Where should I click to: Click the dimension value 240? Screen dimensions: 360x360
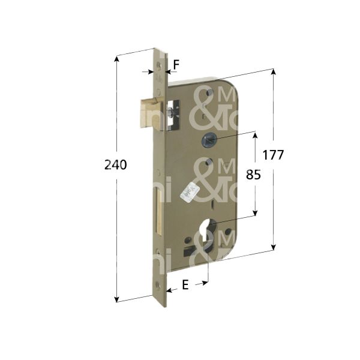116,166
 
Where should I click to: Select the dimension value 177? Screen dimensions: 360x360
273,155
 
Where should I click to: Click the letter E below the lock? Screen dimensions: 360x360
185,286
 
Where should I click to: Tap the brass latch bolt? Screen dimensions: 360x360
151,112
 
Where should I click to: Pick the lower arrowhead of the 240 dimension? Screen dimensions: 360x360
116,298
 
